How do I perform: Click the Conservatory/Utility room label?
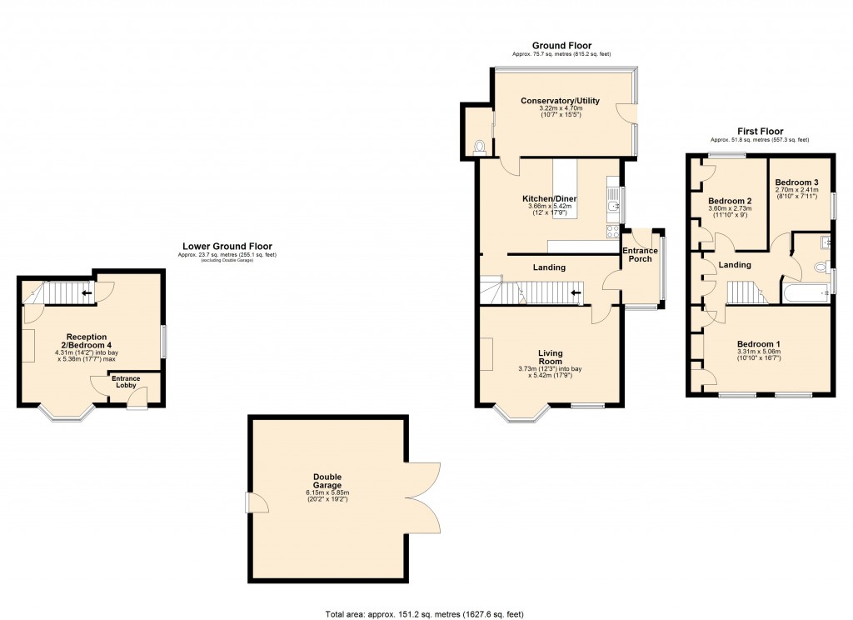point(560,101)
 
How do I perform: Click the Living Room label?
point(549,357)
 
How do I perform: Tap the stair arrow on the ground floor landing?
point(574,292)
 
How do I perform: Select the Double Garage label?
point(327,482)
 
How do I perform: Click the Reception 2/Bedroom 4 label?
point(92,341)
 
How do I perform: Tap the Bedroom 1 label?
point(758,343)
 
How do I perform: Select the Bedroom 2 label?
point(731,202)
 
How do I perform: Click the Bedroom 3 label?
point(797,182)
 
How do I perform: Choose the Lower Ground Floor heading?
point(227,246)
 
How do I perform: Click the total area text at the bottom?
point(424,614)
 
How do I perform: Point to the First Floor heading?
point(759,132)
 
